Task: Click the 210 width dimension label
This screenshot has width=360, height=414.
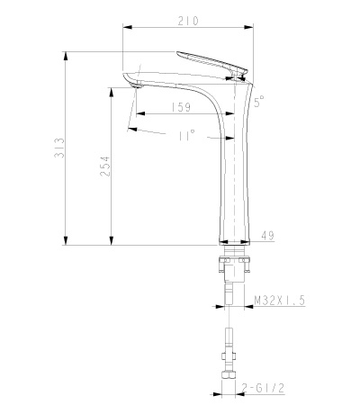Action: pos(188,21)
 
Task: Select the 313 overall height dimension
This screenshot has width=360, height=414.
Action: pos(59,148)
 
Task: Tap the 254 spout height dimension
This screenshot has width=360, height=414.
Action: pos(105,166)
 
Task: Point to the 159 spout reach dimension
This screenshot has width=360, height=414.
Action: pos(181,107)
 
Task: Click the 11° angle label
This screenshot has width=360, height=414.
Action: pos(186,135)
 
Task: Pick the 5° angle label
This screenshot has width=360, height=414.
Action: pos(259,101)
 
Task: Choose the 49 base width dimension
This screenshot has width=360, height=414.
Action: pos(267,235)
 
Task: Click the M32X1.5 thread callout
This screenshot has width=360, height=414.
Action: pos(279,300)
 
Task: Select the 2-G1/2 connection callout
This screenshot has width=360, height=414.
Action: pos(263,388)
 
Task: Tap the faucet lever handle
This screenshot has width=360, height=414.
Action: pos(211,62)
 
